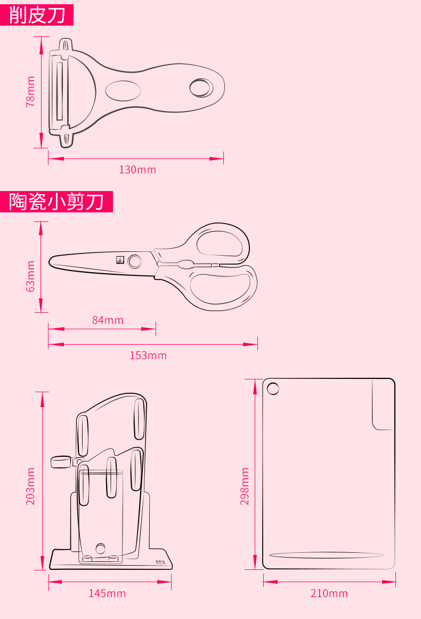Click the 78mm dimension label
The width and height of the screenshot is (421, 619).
pyautogui.click(x=30, y=91)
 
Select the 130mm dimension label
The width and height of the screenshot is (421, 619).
pyautogui.click(x=137, y=170)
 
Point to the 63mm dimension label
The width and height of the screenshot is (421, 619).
pyautogui.click(x=30, y=276)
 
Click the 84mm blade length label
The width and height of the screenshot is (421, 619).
pyautogui.click(x=107, y=320)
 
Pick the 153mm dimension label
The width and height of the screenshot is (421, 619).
pyautogui.click(x=148, y=355)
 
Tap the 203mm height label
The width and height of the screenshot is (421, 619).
pyautogui.click(x=30, y=486)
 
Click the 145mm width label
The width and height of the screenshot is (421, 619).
pyautogui.click(x=107, y=593)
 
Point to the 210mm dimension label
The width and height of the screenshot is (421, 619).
pyautogui.click(x=329, y=593)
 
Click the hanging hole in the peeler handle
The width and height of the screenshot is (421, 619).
pyautogui.click(x=200, y=88)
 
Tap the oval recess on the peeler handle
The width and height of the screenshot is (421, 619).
pyautogui.click(x=123, y=90)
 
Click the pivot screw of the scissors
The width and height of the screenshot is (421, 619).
pyautogui.click(x=135, y=261)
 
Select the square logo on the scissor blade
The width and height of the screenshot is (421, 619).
pyautogui.click(x=119, y=260)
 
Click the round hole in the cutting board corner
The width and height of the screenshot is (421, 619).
pyautogui.click(x=273, y=388)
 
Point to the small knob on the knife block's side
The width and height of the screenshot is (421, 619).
pyautogui.click(x=61, y=462)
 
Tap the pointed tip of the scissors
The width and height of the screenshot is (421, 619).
pyautogui.click(x=52, y=260)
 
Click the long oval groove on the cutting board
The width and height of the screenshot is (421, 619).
pyautogui.click(x=326, y=555)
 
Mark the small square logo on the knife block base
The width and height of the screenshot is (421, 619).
pyautogui.click(x=159, y=562)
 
